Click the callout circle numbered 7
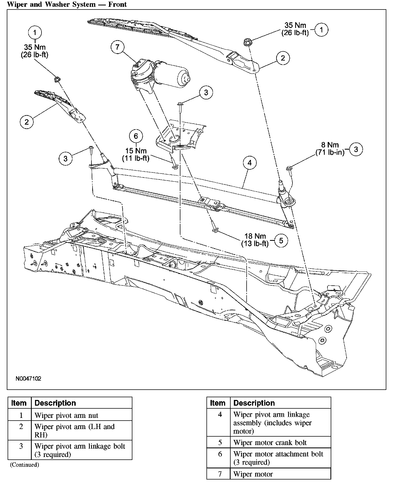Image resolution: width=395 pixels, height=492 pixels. (x=117, y=47)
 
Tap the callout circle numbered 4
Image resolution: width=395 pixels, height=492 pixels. (x=249, y=163)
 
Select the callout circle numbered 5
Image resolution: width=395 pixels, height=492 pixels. (x=281, y=241)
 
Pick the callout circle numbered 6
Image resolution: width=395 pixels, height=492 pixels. (x=136, y=136)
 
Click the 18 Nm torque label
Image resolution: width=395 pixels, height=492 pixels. (x=255, y=236)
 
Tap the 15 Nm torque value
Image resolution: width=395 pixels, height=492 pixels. (x=136, y=151)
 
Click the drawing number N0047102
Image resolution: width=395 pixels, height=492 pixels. (x=28, y=379)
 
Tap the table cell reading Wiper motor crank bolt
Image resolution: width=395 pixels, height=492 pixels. (x=270, y=443)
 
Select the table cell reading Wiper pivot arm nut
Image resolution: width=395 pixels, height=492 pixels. (x=66, y=415)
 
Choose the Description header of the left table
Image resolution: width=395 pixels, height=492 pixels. (x=55, y=403)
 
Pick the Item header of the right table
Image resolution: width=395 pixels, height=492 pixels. (x=218, y=403)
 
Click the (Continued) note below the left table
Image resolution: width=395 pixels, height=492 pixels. (x=24, y=465)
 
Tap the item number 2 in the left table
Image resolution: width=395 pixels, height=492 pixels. (x=21, y=427)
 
